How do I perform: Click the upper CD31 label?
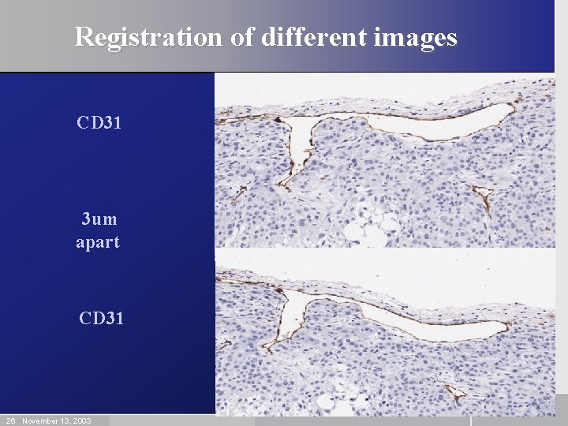click(x=99, y=123)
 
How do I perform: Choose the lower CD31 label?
click(x=102, y=319)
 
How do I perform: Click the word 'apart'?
click(x=98, y=242)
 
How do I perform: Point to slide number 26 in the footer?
click(x=10, y=420)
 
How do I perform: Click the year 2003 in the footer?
click(x=81, y=420)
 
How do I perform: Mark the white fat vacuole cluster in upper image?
click(x=366, y=223)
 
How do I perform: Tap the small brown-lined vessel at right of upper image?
click(x=480, y=195)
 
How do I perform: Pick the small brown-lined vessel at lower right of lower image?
click(x=455, y=391)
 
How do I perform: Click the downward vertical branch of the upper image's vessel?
click(x=300, y=154)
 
